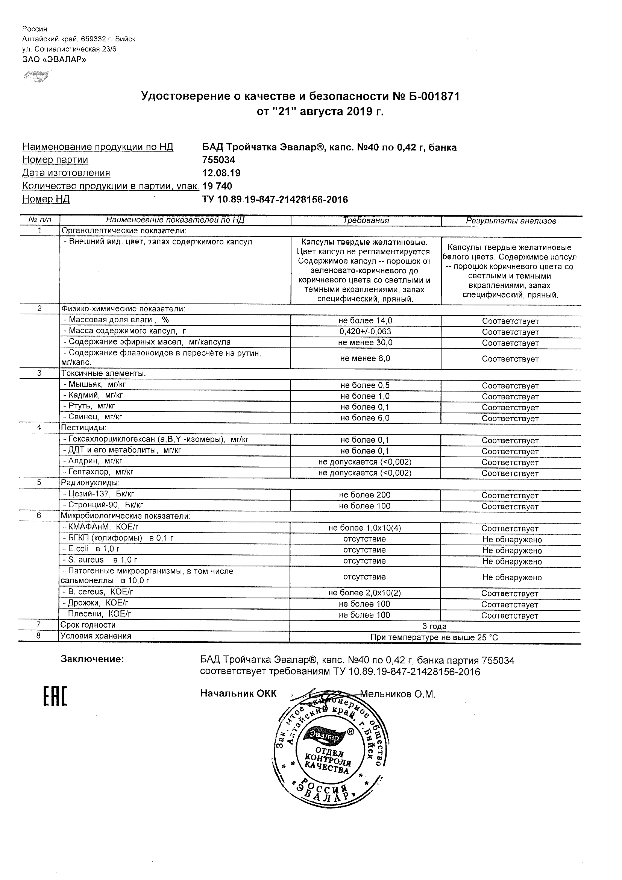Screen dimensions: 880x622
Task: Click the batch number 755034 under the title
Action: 218,160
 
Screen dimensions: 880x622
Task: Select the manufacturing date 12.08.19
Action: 221,173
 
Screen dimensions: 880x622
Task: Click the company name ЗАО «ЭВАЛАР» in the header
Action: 54,59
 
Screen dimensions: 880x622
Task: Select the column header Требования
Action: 366,220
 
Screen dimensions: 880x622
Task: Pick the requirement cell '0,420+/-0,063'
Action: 365,331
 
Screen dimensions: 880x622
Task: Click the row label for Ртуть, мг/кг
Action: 89,406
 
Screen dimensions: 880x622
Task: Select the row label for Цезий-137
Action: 99,495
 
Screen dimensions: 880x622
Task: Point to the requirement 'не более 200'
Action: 365,495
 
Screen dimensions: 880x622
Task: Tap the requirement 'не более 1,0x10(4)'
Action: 365,528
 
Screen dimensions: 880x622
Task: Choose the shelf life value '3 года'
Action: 434,627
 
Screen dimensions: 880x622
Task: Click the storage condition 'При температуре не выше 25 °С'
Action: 434,638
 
